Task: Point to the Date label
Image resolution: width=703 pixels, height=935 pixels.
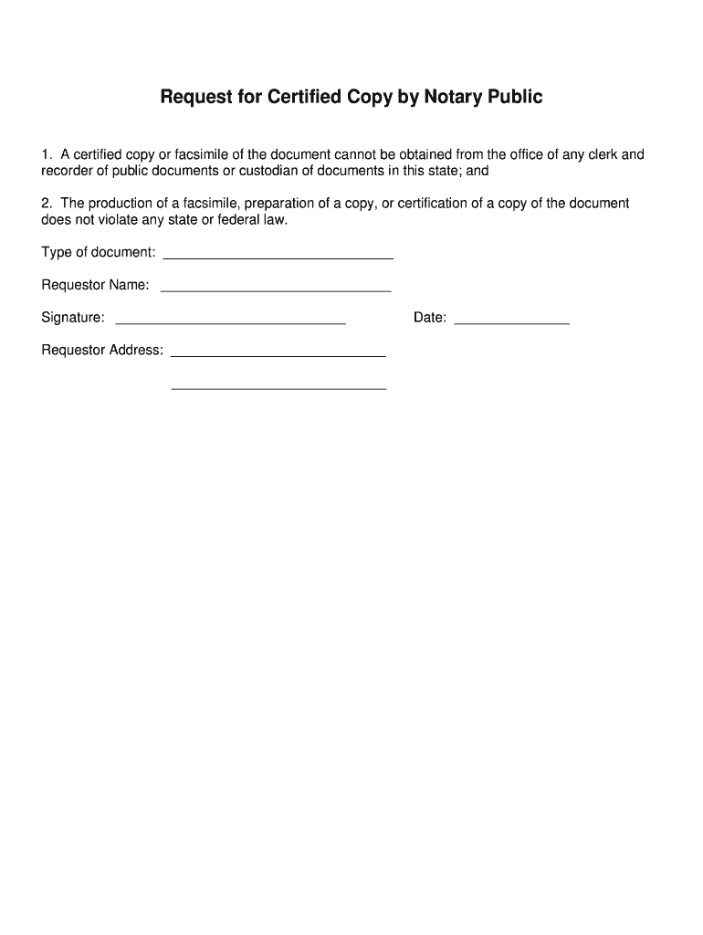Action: point(429,318)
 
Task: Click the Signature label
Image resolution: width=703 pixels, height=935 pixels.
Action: point(73,318)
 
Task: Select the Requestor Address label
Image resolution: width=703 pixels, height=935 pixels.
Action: point(102,350)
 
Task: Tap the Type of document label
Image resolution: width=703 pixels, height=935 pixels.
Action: point(99,252)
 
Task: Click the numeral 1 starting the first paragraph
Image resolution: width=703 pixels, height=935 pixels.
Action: point(46,154)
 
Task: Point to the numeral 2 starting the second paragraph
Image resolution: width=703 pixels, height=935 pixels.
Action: point(46,204)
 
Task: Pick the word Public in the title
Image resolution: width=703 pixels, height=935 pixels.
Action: point(517,97)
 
